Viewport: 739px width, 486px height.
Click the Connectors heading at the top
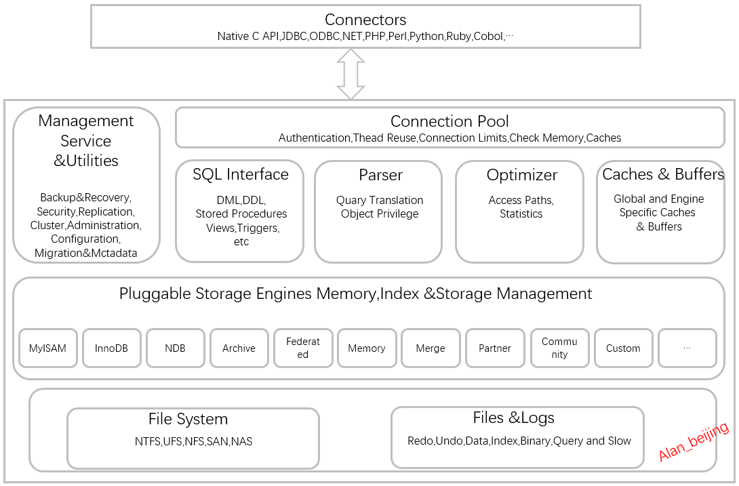(x=365, y=20)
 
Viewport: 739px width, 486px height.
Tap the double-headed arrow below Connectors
(x=351, y=74)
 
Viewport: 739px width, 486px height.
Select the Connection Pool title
(x=450, y=122)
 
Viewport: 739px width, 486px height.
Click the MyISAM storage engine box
(x=47, y=348)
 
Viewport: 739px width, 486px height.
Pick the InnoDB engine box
(x=111, y=348)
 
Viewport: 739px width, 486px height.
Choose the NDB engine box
(x=175, y=348)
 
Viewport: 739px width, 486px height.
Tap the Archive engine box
(x=239, y=348)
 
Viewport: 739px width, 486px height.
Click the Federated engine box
(x=302, y=348)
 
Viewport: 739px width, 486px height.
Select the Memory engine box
(x=366, y=348)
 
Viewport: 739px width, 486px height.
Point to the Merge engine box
(x=431, y=348)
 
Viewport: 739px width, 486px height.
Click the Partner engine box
(x=495, y=348)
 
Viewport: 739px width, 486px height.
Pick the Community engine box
(x=559, y=348)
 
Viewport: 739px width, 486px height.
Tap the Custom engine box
(x=623, y=348)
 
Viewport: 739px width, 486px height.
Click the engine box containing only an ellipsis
(x=687, y=348)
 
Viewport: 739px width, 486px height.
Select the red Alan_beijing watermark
(x=694, y=441)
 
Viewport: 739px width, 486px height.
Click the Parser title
(x=380, y=176)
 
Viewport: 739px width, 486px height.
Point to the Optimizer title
(x=521, y=176)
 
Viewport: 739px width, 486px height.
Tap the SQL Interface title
(x=240, y=175)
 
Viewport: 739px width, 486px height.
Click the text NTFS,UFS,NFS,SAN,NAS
(x=193, y=442)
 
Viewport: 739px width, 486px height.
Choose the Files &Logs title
(x=513, y=418)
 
